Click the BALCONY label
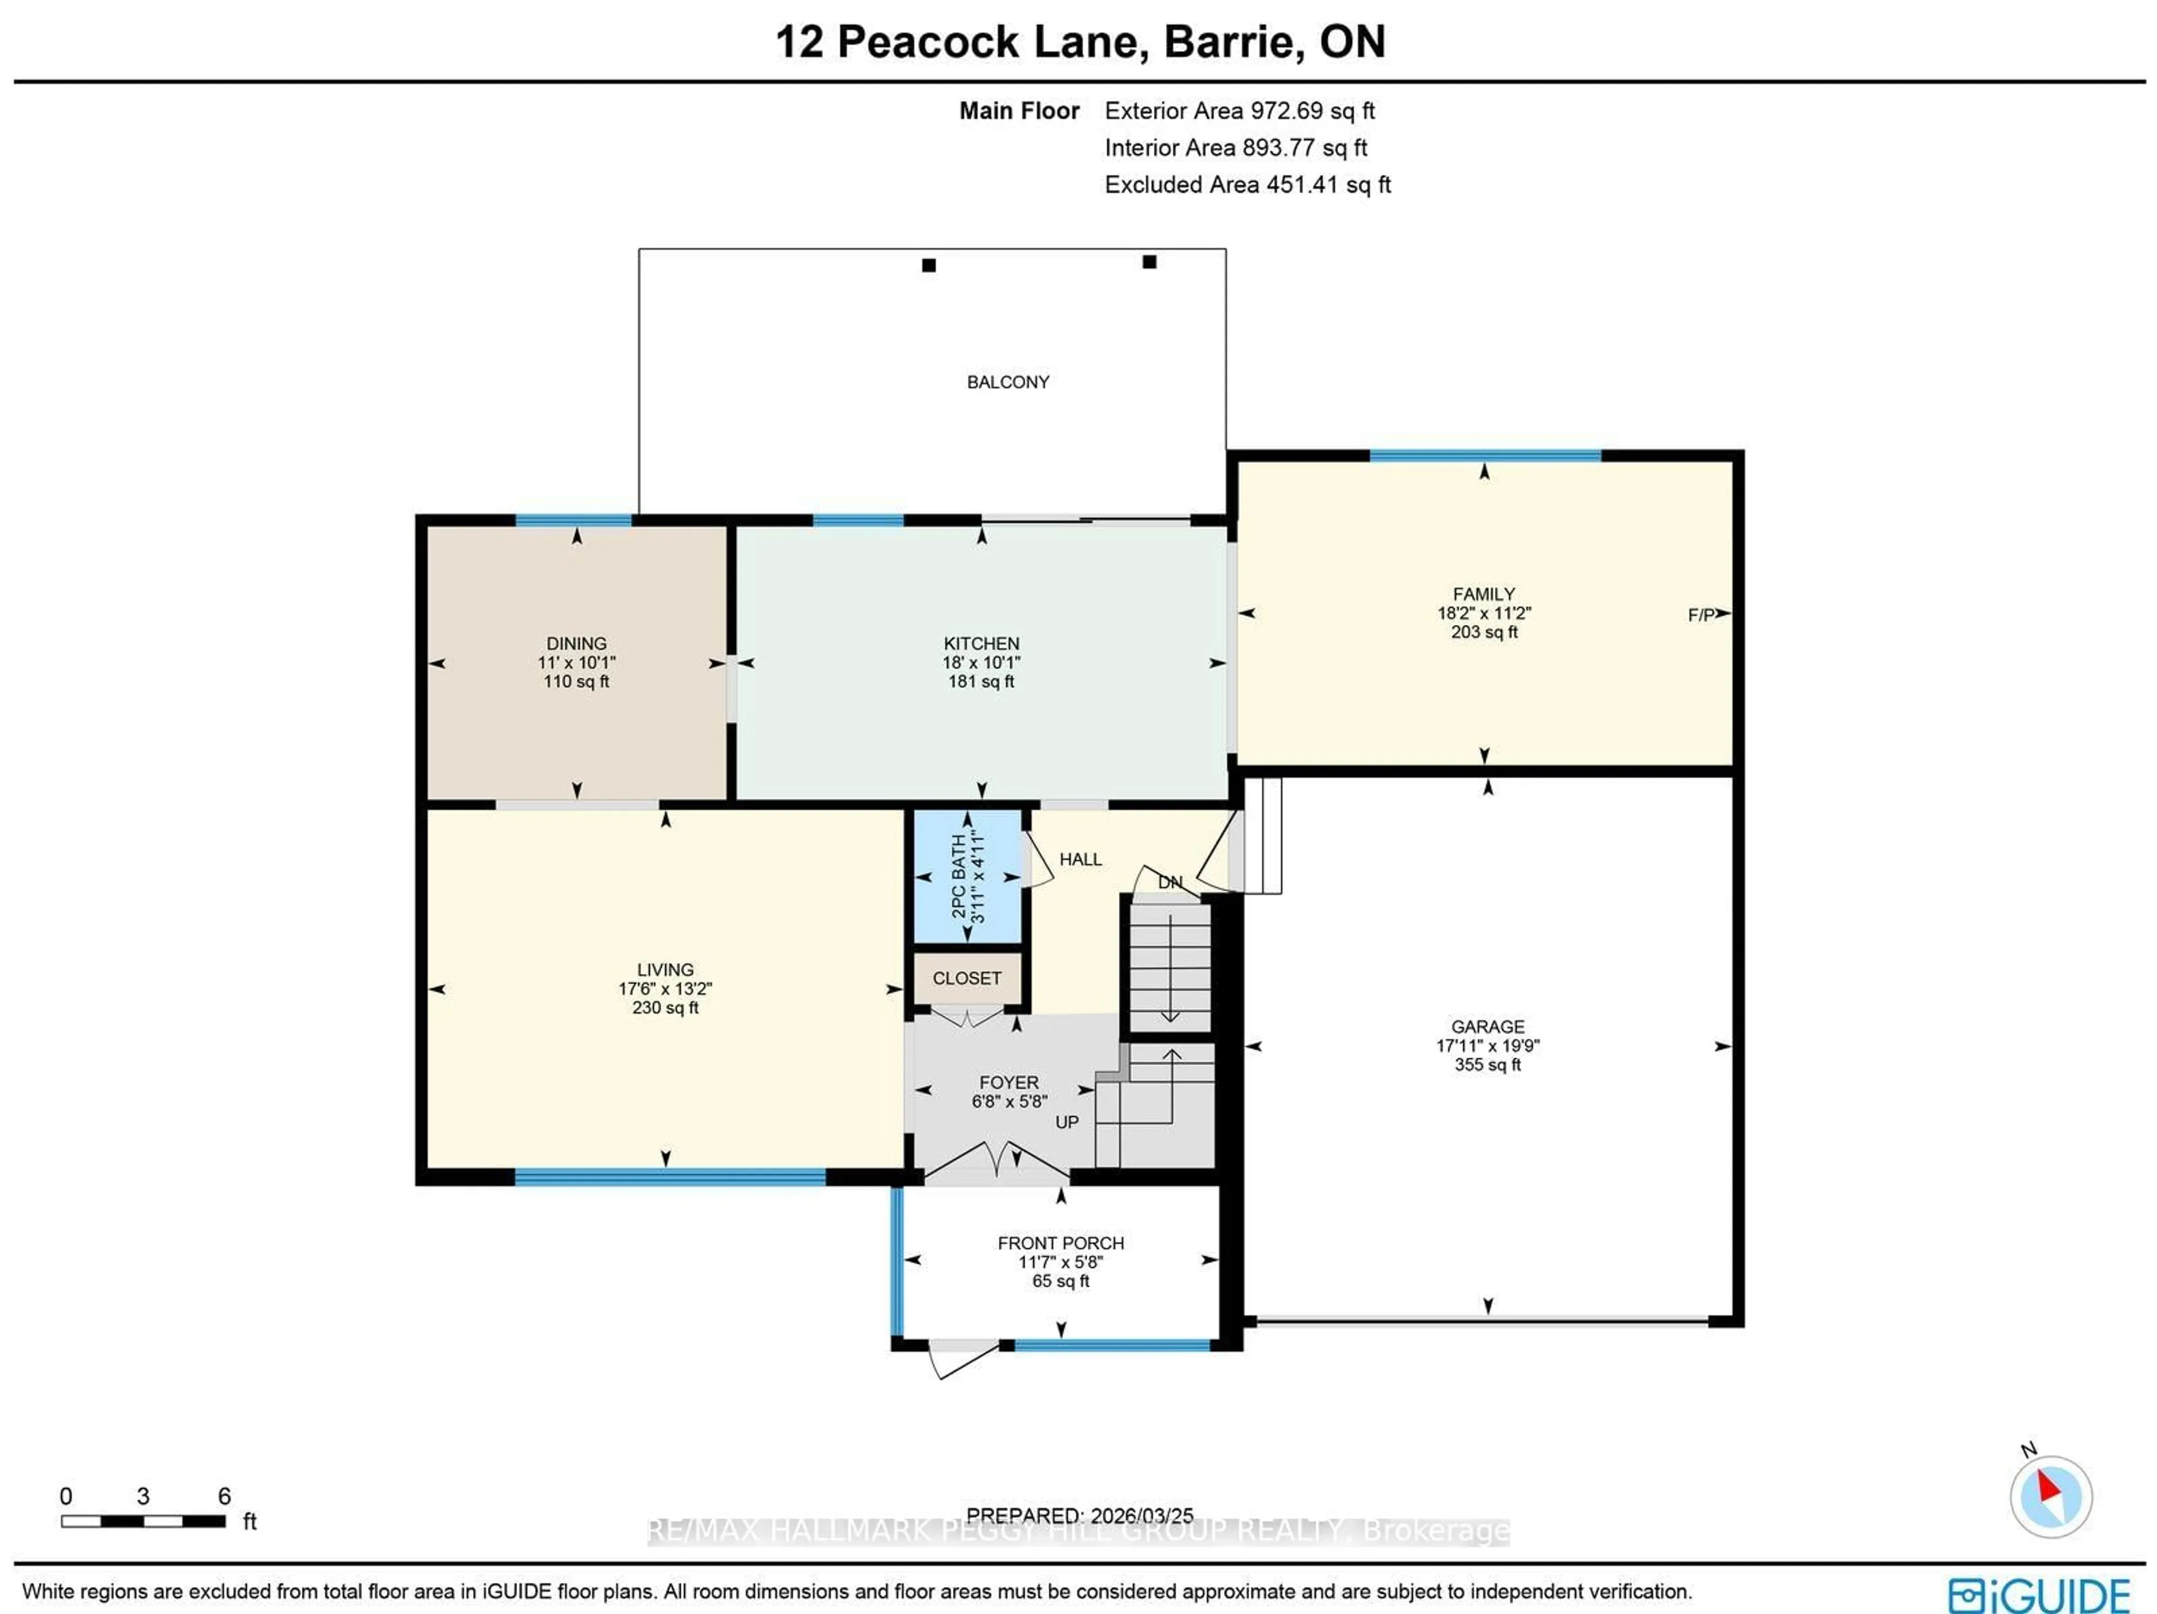1007,382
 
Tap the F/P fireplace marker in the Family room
1701,615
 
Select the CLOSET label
966,977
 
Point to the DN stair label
1169,882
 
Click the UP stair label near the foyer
1067,1122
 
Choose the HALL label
1080,859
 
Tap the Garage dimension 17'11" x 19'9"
1487,1046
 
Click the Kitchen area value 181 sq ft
981,682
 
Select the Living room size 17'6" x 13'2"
665,988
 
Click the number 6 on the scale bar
224,1496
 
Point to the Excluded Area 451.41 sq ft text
1247,185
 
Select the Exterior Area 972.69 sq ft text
1239,111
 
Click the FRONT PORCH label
1060,1243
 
